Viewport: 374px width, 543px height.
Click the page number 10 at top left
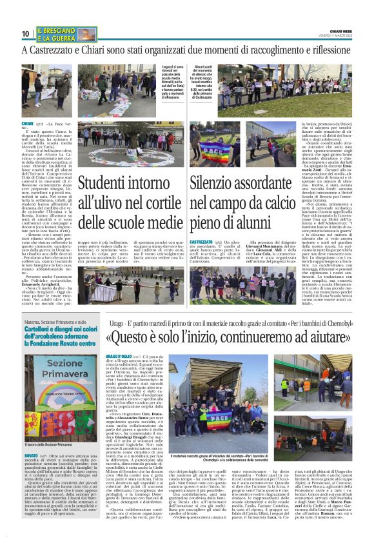pos(26,33)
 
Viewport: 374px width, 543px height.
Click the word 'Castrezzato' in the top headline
pos(52,50)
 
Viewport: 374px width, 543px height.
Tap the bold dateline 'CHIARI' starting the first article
pos(27,123)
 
